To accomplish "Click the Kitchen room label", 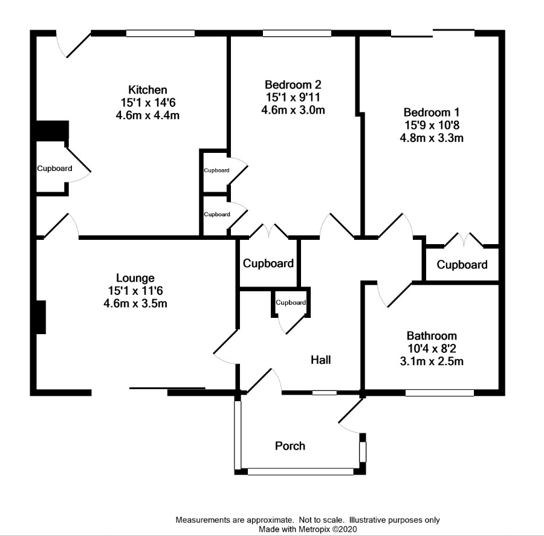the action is (148, 90).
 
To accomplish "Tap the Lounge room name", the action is (135, 278).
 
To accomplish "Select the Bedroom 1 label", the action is (432, 112).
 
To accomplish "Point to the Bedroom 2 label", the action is (293, 85).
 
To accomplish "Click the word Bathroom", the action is (432, 336).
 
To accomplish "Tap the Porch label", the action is (290, 446).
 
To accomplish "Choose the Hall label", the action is (320, 360).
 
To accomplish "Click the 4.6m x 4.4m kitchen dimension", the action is (148, 115).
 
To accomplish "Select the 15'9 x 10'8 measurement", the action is (432, 125).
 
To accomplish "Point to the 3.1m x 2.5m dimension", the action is (432, 361).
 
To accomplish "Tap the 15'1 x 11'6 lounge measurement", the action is (135, 291).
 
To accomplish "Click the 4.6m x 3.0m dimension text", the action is (293, 110).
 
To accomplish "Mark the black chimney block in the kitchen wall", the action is (53, 131).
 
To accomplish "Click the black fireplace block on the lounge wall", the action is (41, 317).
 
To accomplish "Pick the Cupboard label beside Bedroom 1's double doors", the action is (462, 265).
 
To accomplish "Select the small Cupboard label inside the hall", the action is (291, 303).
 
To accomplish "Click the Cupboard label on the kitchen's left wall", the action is (55, 168).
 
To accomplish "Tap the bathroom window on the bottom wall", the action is (439, 393).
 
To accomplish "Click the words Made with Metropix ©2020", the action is (308, 529).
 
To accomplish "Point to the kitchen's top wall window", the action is (160, 33).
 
